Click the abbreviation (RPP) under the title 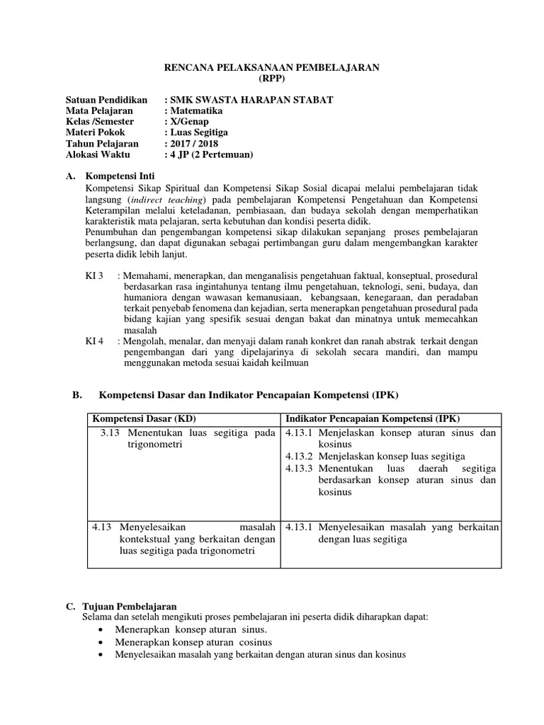pos(272,79)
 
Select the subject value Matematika pos(195,111)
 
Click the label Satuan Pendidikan pos(106,100)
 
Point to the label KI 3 pos(95,274)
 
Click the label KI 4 pos(95,340)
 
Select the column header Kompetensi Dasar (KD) pos(142,418)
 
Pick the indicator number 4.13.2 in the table pos(298,457)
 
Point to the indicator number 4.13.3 pos(298,469)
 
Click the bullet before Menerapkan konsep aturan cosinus pos(106,642)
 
